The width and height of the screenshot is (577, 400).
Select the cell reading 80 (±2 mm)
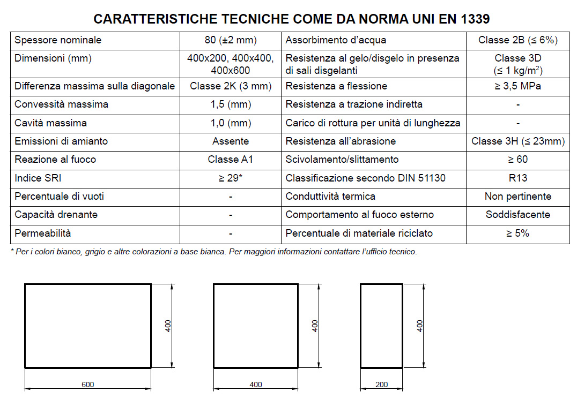coord(230,40)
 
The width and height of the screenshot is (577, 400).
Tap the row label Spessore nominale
coord(58,40)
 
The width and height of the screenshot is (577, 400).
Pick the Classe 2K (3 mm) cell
coord(231,86)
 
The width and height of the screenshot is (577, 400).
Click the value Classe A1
coord(230,160)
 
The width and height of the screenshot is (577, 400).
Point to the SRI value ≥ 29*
coord(231,178)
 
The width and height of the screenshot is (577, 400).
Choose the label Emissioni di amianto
coord(61,141)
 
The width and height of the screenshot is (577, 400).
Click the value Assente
coord(231,141)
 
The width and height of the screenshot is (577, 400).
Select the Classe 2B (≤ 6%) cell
coord(518,40)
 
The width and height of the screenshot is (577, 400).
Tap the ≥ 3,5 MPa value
coord(518,86)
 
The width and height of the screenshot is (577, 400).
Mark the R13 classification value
coord(518,178)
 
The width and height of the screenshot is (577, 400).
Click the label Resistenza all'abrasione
coord(341,141)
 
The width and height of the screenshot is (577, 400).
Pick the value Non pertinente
coord(518,197)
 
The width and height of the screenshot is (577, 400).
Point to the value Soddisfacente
coord(518,215)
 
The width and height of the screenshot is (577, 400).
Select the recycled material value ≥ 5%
coord(518,233)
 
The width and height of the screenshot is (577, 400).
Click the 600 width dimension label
coord(87,384)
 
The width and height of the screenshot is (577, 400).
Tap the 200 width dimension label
coord(381,384)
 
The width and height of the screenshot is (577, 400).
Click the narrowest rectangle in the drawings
coord(381,326)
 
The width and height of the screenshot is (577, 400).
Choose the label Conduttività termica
coord(330,197)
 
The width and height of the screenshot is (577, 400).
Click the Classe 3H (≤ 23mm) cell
coord(518,141)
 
